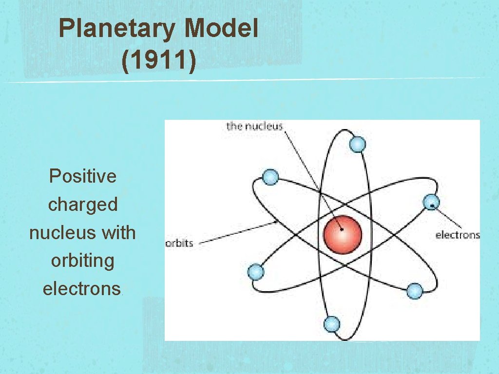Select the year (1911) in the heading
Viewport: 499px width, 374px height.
pyautogui.click(x=159, y=62)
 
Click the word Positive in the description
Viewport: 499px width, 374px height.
pyautogui.click(x=83, y=176)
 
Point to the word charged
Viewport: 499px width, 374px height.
pyautogui.click(x=83, y=205)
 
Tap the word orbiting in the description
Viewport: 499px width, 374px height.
pyautogui.click(x=82, y=261)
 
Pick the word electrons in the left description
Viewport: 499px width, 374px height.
pyautogui.click(x=81, y=289)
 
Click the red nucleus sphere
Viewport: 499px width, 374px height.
pyautogui.click(x=343, y=235)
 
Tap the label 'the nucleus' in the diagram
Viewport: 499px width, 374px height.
pyautogui.click(x=254, y=126)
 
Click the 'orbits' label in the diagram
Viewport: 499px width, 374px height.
pyautogui.click(x=179, y=243)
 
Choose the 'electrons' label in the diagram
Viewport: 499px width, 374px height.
pyautogui.click(x=457, y=235)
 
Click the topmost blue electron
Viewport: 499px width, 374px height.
pyautogui.click(x=358, y=144)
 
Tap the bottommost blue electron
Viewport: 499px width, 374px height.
pyautogui.click(x=331, y=324)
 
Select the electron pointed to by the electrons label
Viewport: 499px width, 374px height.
pyautogui.click(x=431, y=202)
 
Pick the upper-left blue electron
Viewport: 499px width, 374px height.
pyautogui.click(x=270, y=177)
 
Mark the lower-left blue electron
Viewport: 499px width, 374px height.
pyautogui.click(x=256, y=272)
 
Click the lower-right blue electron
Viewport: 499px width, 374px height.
pyautogui.click(x=414, y=291)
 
